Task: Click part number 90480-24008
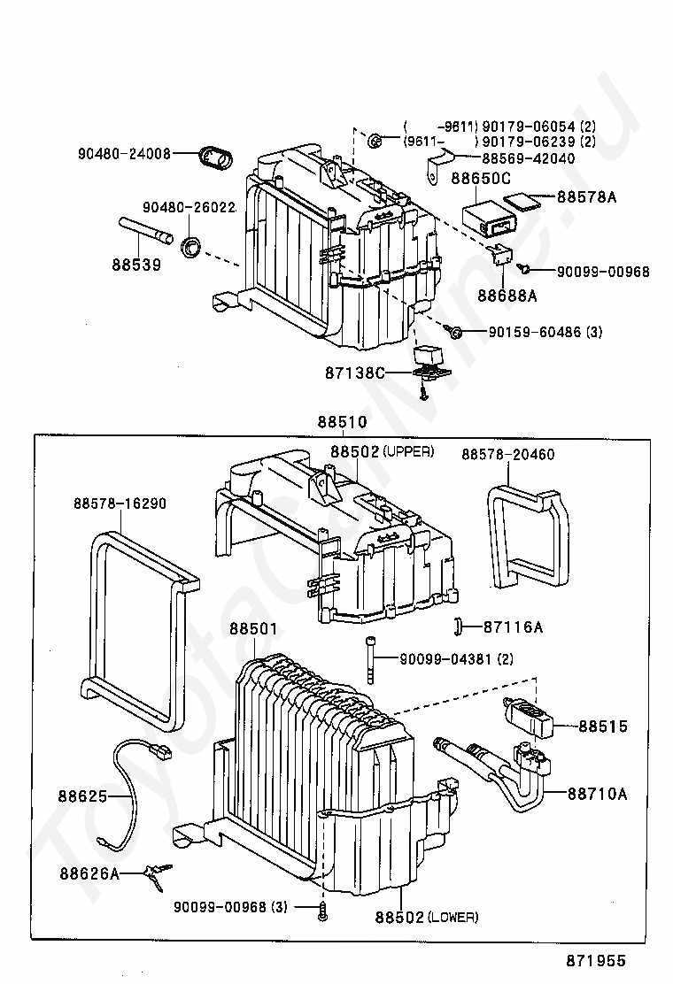[x=124, y=153]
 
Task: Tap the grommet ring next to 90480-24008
[x=215, y=157]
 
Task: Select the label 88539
[x=136, y=265]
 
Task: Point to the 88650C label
[x=481, y=178]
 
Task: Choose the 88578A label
[x=586, y=197]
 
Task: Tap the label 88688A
[x=507, y=295]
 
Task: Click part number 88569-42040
[x=528, y=158]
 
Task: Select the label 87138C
[x=355, y=373]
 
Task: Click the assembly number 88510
[x=342, y=422]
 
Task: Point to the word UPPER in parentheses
[x=408, y=451]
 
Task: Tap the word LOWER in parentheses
[x=453, y=918]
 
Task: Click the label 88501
[x=253, y=628]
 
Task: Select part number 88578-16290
[x=120, y=504]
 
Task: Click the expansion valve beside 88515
[x=529, y=718]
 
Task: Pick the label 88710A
[x=597, y=794]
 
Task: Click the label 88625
[x=83, y=796]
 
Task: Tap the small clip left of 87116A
[x=458, y=626]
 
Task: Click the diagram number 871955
[x=596, y=961]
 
